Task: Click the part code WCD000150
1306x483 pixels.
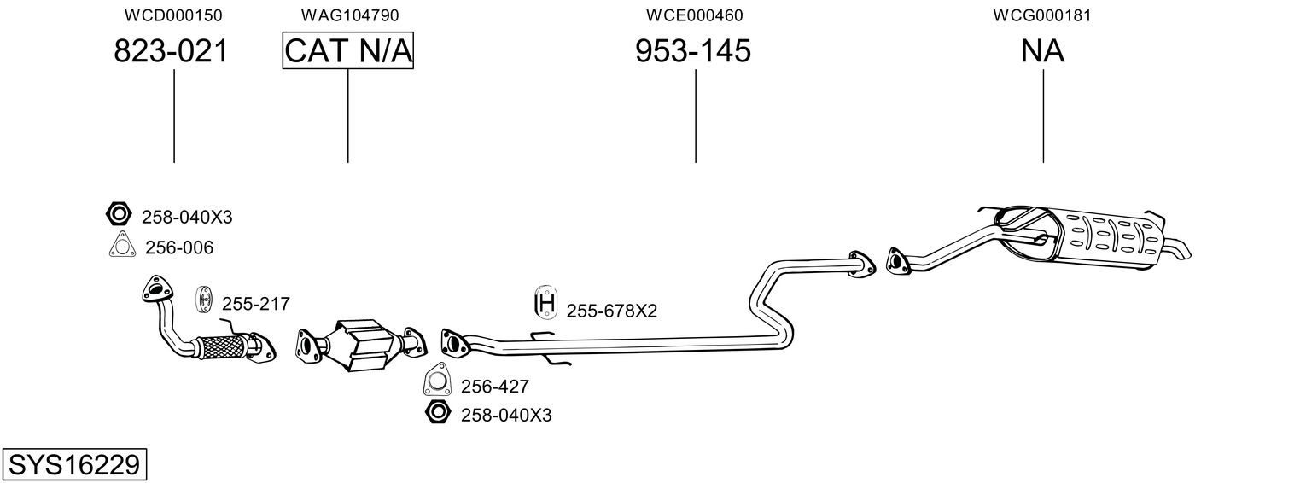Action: click(x=173, y=15)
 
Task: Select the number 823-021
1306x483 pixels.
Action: click(x=171, y=50)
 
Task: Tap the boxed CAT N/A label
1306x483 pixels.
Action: click(x=348, y=50)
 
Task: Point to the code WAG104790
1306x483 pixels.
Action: click(x=350, y=15)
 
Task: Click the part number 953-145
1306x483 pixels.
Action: click(x=692, y=50)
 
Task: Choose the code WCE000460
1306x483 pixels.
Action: click(x=694, y=15)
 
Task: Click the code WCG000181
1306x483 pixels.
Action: click(x=1042, y=15)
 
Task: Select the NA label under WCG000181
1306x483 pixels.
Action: click(x=1042, y=50)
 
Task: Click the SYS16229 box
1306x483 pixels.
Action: click(x=74, y=464)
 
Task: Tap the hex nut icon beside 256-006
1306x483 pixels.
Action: click(x=119, y=214)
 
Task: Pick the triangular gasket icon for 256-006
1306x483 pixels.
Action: click(x=122, y=244)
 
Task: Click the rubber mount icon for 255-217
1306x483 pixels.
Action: click(x=203, y=299)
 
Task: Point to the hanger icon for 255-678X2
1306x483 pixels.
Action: click(x=545, y=302)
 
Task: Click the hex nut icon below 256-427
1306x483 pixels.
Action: click(x=438, y=412)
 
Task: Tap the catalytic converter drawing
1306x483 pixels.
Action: click(x=361, y=345)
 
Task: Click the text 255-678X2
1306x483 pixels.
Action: click(x=612, y=311)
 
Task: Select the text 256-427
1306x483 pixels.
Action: click(x=494, y=387)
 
